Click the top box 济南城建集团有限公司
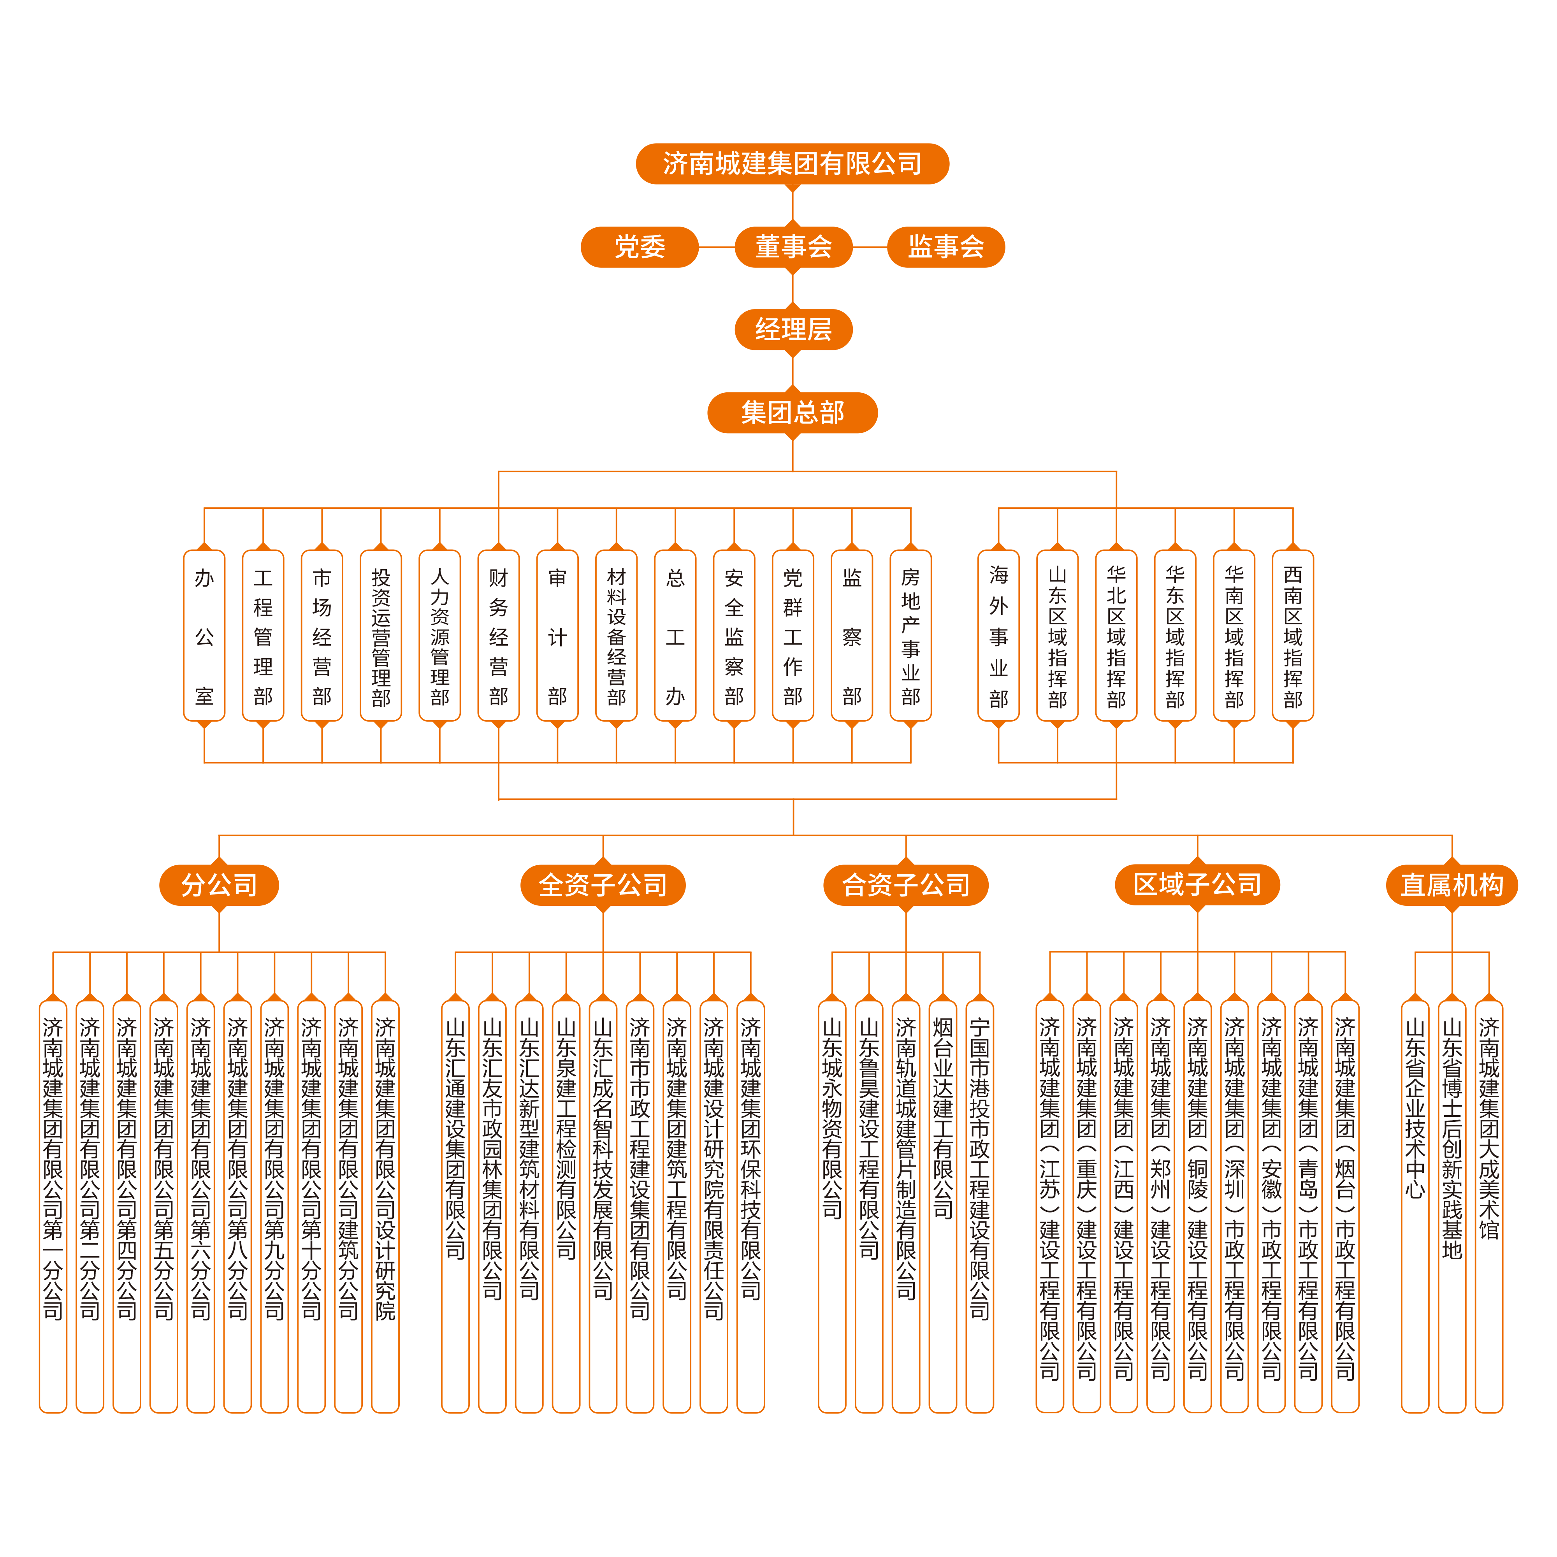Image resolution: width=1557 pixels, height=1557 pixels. coord(792,163)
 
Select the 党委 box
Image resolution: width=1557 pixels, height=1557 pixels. coord(639,247)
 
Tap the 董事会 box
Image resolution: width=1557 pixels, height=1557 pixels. coord(793,247)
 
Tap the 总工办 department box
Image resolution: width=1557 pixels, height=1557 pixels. coord(675,636)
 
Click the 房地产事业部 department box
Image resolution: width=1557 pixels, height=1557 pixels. coord(911,636)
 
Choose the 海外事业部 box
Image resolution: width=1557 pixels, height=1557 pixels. coord(998,636)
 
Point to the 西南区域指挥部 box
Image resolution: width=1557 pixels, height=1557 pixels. coord(1293,636)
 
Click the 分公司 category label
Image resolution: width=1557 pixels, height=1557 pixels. coord(219,885)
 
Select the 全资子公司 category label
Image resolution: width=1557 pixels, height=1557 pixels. coord(603,885)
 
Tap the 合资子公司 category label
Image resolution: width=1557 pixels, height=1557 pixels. coord(906,885)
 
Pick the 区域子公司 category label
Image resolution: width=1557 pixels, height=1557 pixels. coord(1198,885)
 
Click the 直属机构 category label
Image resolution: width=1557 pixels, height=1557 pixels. coord(1452,885)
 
